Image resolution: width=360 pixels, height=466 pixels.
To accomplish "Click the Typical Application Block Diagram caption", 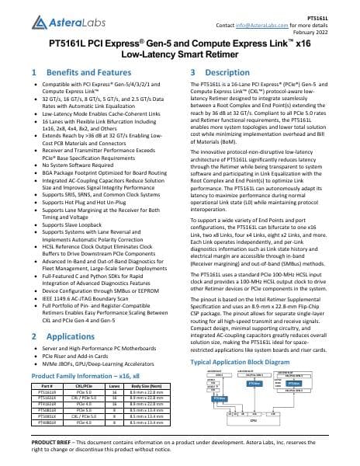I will [x=244, y=362].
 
